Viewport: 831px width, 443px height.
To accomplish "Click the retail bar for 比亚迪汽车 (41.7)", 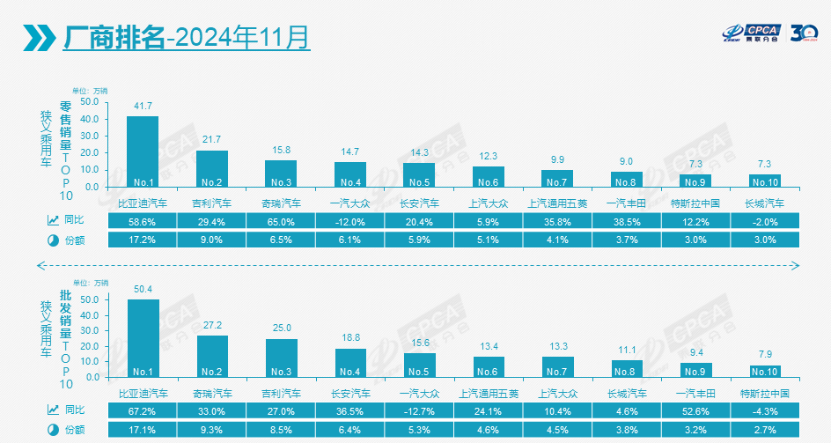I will click(x=143, y=151).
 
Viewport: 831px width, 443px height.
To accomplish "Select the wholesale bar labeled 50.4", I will click(x=143, y=338).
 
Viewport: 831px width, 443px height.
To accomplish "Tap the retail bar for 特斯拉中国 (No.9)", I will click(x=696, y=181).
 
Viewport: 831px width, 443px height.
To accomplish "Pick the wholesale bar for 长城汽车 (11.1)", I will click(x=627, y=368).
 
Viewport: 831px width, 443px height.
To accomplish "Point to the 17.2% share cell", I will click(x=143, y=240).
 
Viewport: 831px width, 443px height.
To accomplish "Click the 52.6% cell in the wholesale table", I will click(x=696, y=410).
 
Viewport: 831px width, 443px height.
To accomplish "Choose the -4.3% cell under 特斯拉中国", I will click(x=765, y=410).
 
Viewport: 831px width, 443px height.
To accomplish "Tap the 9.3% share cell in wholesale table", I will click(x=212, y=430).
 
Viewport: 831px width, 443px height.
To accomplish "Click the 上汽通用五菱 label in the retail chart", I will click(x=557, y=203).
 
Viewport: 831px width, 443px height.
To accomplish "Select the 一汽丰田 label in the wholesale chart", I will click(x=696, y=393).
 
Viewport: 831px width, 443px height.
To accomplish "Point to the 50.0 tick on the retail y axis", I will click(x=90, y=101).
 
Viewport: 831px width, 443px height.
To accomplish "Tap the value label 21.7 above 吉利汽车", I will click(x=212, y=140).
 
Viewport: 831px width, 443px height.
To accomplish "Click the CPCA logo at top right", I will click(x=751, y=33).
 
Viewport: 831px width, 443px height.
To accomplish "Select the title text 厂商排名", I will click(x=114, y=36).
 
